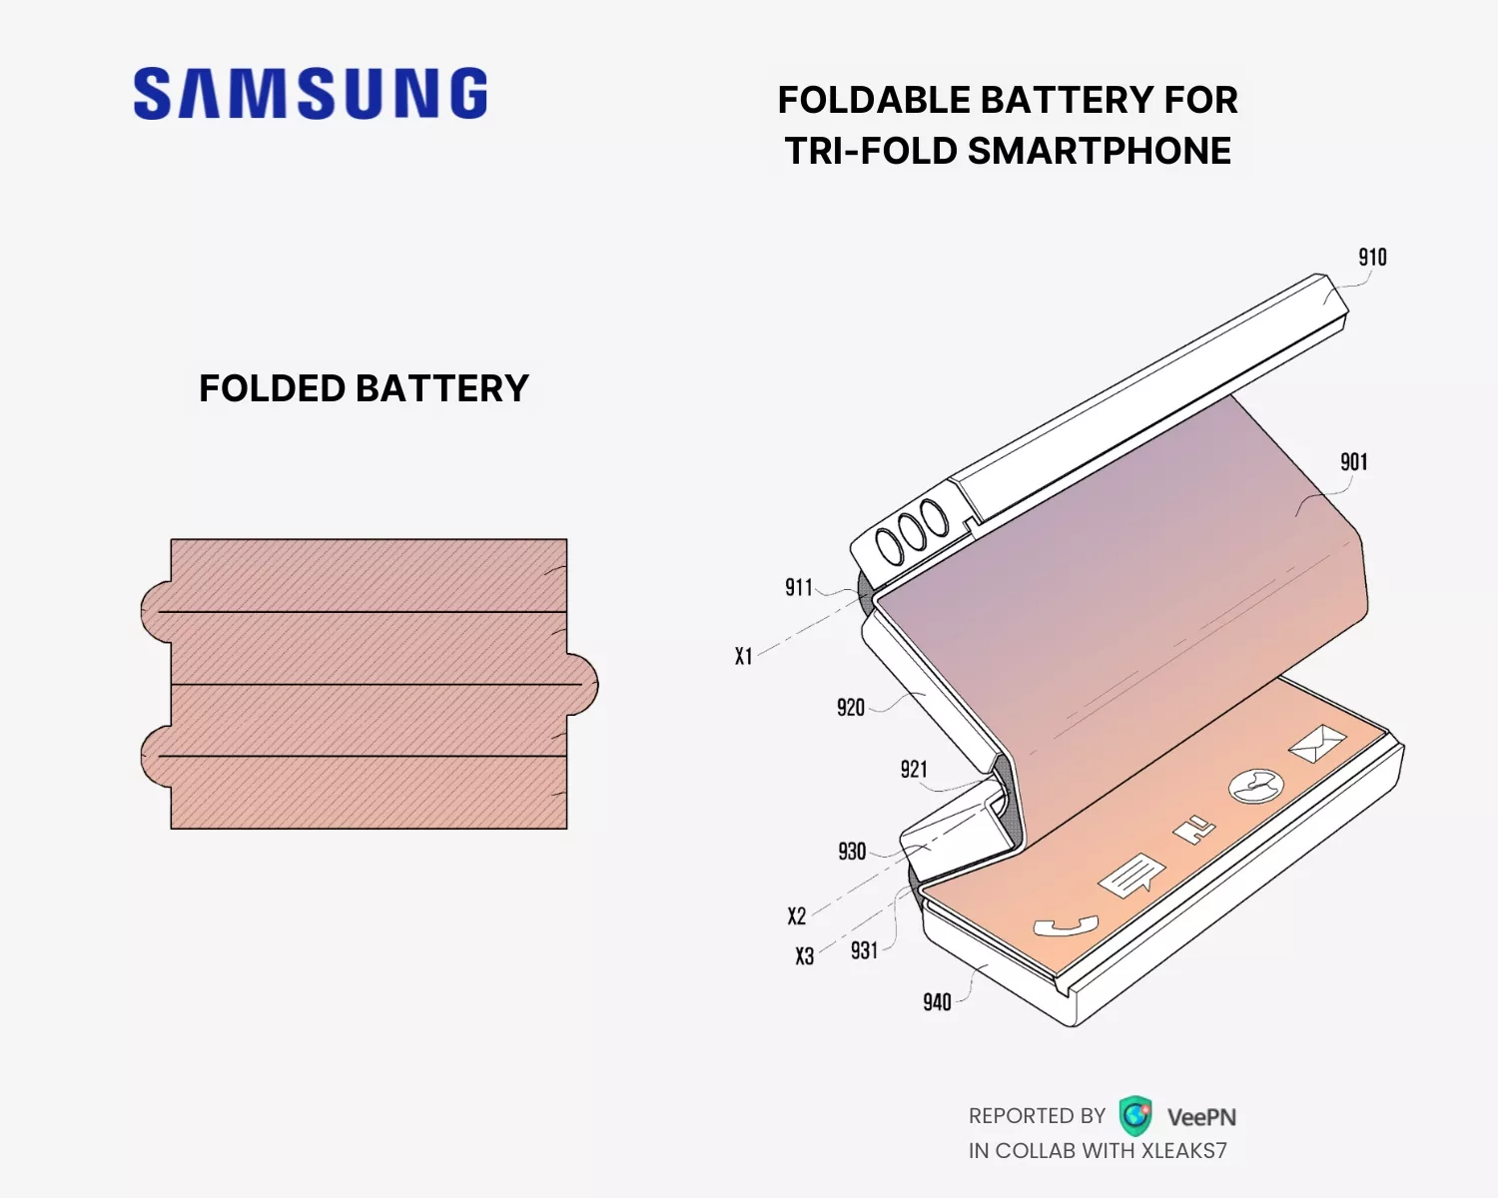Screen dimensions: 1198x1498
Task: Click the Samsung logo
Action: click(x=311, y=94)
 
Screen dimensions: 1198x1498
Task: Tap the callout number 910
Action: click(x=1372, y=258)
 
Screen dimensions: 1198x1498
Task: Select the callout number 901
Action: click(x=1353, y=462)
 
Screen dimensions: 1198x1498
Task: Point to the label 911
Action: click(x=799, y=588)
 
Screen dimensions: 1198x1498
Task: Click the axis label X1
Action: click(x=743, y=657)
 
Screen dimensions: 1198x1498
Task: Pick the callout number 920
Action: click(x=851, y=708)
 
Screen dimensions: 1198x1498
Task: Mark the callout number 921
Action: click(x=914, y=770)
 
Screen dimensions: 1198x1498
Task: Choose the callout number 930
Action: click(x=852, y=852)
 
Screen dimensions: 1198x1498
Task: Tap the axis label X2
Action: click(x=796, y=916)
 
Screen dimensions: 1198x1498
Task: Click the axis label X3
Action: click(x=804, y=956)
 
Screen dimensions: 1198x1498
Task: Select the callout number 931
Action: click(x=864, y=950)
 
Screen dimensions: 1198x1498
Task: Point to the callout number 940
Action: click(x=937, y=1002)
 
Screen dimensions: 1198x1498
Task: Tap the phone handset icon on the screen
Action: click(x=1065, y=926)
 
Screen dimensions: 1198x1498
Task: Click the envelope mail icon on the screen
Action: click(x=1317, y=744)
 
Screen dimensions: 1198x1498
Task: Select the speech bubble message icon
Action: click(x=1131, y=876)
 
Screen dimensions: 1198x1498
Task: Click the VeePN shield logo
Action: click(x=1135, y=1116)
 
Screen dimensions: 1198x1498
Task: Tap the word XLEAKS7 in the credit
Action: click(x=1183, y=1151)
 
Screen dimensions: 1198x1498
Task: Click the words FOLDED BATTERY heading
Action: click(x=364, y=388)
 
